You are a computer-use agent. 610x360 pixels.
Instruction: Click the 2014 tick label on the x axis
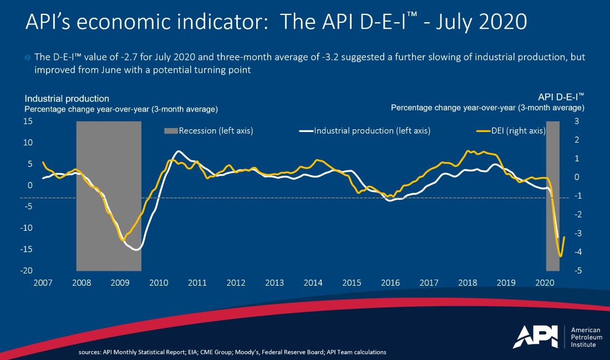pyautogui.click(x=313, y=283)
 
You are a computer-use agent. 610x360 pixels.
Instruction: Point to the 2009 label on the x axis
pyautogui.click(x=120, y=283)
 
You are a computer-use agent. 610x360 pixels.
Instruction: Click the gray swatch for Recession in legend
pyautogui.click(x=170, y=131)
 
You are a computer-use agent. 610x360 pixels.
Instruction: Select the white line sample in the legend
pyautogui.click(x=306, y=131)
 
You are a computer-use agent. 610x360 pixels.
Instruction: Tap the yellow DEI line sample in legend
pyautogui.click(x=484, y=131)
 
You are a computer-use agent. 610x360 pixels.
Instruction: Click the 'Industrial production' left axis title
pyautogui.click(x=67, y=99)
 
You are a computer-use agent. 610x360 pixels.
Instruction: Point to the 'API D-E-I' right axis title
pyautogui.click(x=561, y=95)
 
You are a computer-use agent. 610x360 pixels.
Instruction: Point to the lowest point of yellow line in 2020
pyautogui.click(x=560, y=256)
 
